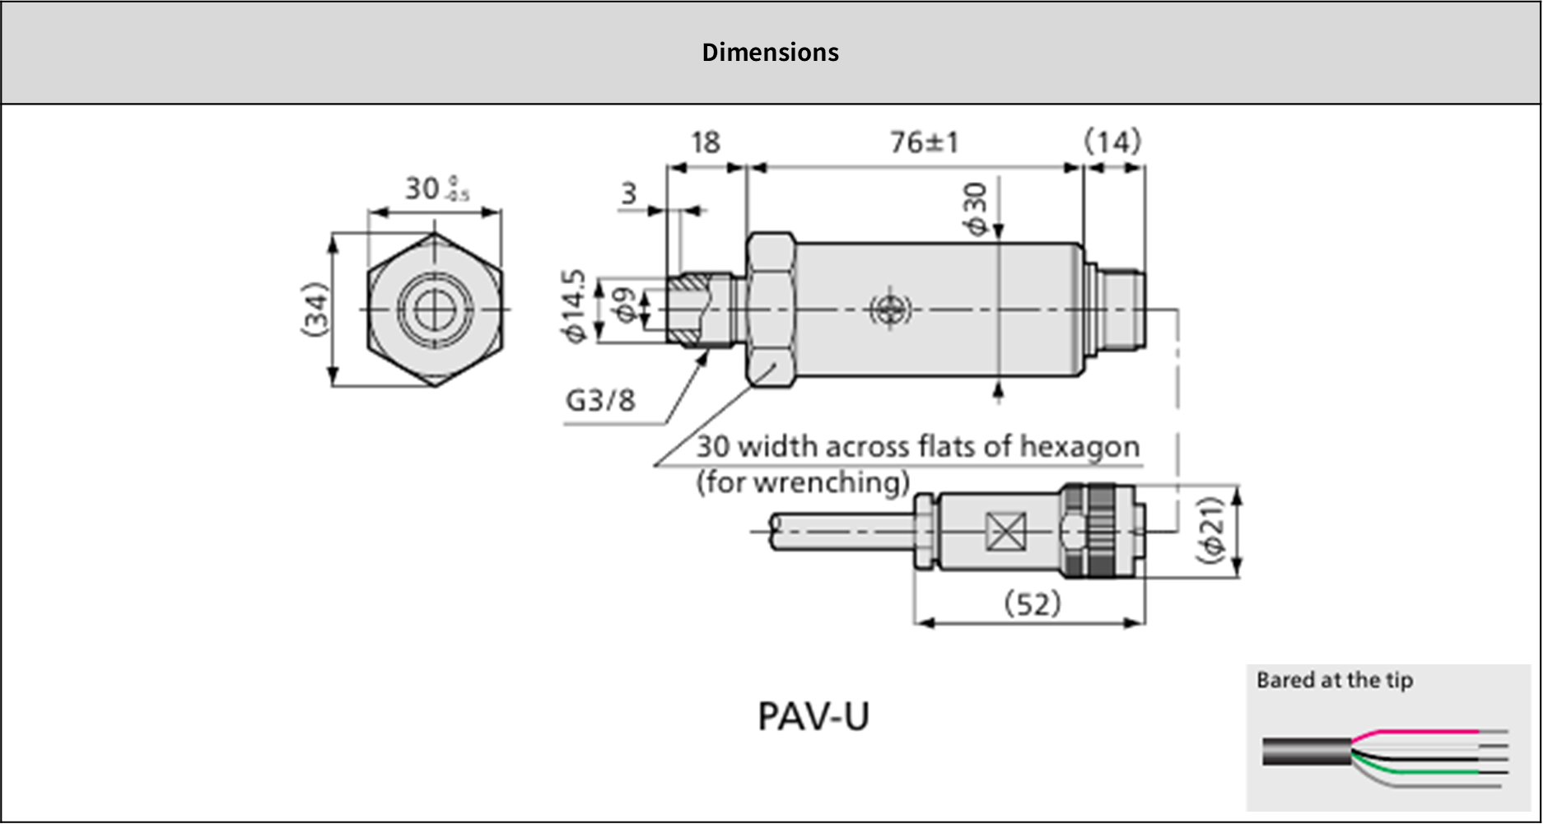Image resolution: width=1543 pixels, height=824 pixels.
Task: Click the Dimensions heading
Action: click(x=770, y=53)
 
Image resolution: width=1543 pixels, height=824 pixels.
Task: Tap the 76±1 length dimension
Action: click(x=924, y=142)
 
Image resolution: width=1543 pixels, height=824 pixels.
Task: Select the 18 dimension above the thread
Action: click(x=705, y=142)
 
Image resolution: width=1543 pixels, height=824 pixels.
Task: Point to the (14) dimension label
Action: click(x=1112, y=142)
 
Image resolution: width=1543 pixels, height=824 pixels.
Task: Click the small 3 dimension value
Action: click(x=629, y=193)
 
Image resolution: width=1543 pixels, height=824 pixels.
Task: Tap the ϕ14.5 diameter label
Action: click(x=574, y=305)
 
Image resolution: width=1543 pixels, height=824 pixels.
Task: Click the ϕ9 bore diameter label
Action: click(x=626, y=306)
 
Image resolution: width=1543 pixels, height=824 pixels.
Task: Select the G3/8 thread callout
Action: click(x=600, y=401)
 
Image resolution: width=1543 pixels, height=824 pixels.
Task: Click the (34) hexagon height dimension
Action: click(x=315, y=309)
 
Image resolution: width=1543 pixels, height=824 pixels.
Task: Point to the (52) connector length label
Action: click(x=1033, y=604)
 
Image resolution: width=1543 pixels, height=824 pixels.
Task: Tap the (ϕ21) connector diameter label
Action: click(x=1211, y=530)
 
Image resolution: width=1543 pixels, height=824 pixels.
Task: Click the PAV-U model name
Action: click(x=813, y=715)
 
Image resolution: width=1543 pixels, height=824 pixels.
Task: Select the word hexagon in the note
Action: click(x=1079, y=446)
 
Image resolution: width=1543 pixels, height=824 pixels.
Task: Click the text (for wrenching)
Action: click(x=803, y=482)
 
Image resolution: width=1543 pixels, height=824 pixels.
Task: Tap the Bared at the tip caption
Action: click(x=1334, y=680)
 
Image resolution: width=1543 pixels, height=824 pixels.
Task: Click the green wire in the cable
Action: click(x=1424, y=771)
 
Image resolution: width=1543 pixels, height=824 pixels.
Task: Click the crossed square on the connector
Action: click(x=1005, y=531)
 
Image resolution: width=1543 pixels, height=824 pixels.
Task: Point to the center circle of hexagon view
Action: click(x=434, y=310)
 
